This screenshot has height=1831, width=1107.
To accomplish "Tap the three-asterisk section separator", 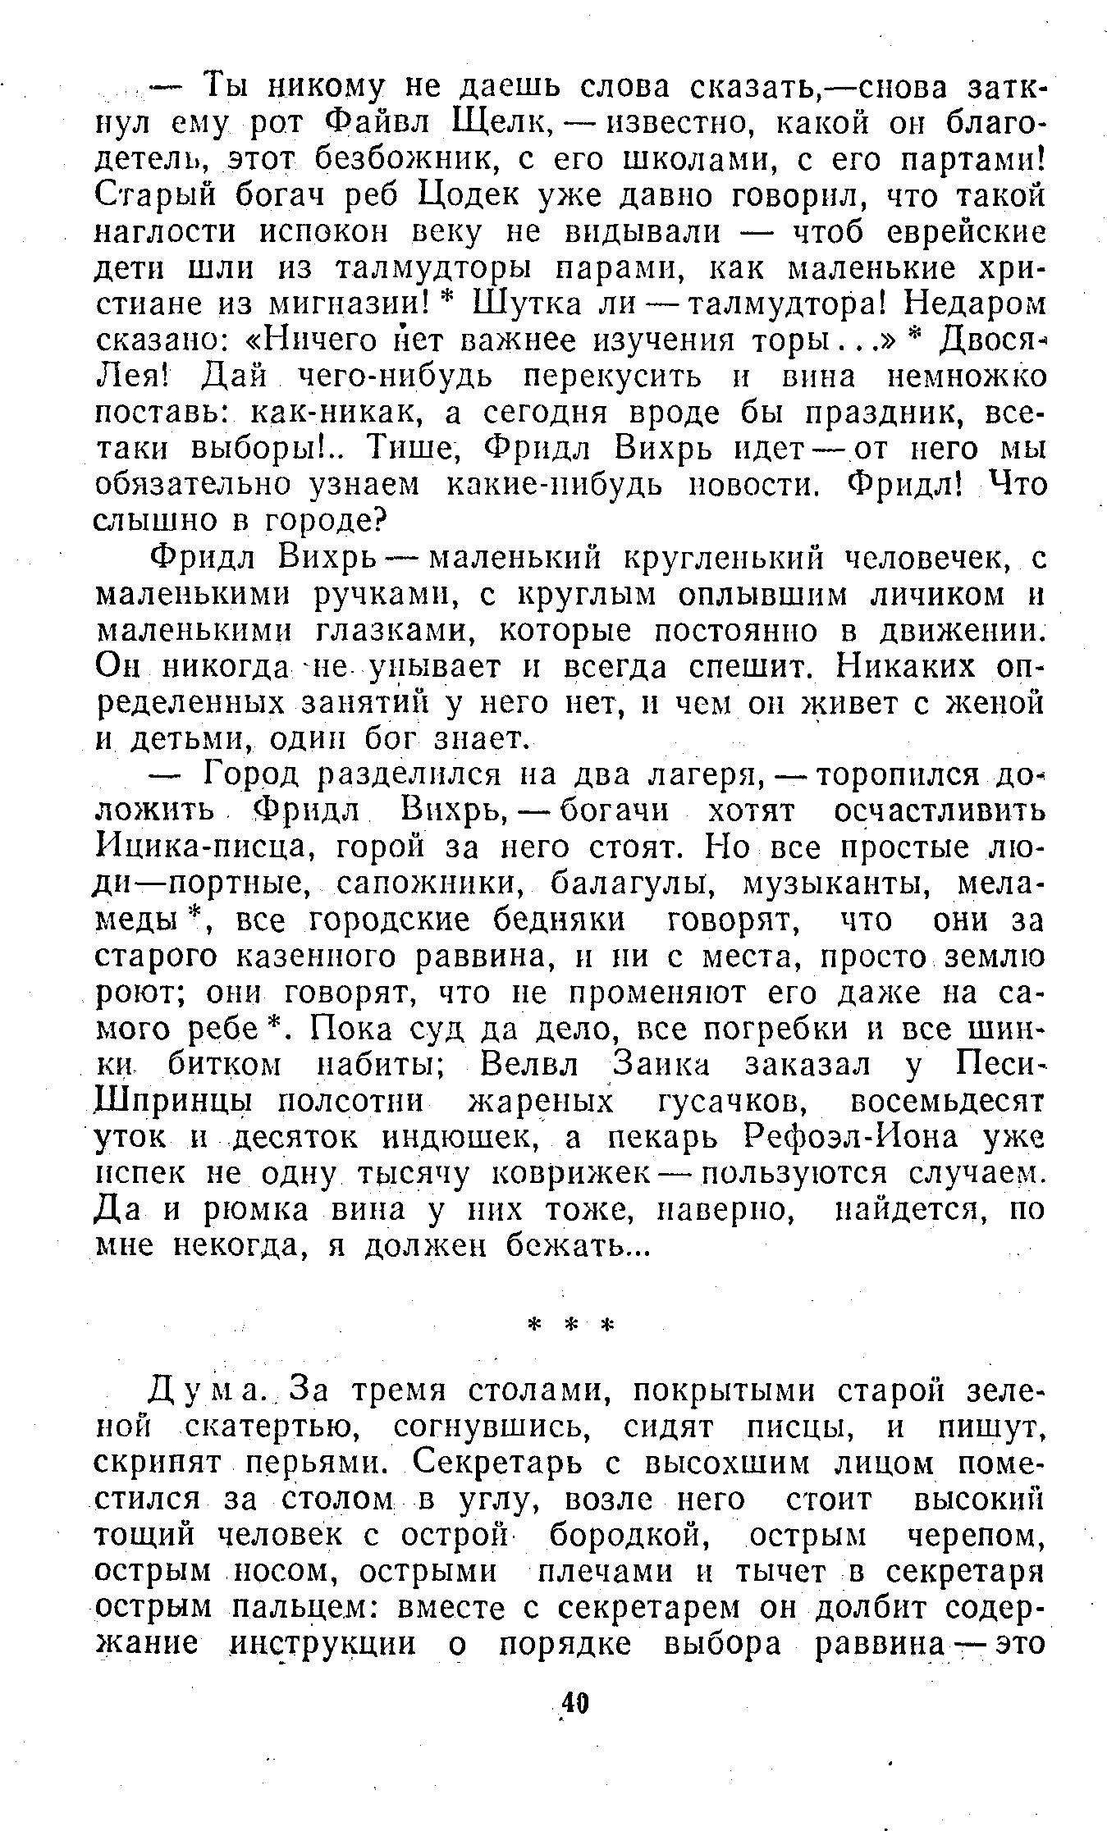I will [572, 1327].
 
